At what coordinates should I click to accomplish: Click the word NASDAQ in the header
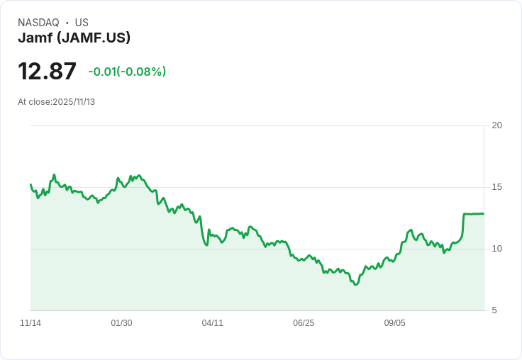pos(38,23)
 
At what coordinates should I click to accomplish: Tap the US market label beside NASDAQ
pos(82,23)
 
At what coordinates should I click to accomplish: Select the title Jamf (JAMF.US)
pos(74,38)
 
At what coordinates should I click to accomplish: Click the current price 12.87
pos(47,72)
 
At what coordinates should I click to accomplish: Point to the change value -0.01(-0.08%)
pos(127,72)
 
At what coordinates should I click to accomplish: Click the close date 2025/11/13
pos(74,102)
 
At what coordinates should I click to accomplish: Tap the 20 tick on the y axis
pos(497,125)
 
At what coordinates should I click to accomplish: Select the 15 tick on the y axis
pos(497,187)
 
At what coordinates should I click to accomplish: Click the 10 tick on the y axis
pos(497,249)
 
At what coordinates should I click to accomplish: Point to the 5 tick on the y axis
pos(497,310)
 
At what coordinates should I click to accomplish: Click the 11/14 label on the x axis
pos(30,323)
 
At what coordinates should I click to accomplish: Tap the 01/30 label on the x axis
pos(121,323)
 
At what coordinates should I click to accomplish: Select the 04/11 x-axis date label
pos(212,323)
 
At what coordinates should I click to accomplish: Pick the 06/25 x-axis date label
pos(303,323)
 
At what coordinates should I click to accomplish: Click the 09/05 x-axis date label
pos(394,323)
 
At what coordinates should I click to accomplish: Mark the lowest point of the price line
pos(355,285)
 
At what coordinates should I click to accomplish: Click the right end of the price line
pos(484,213)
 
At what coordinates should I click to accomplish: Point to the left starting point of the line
pos(30,184)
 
